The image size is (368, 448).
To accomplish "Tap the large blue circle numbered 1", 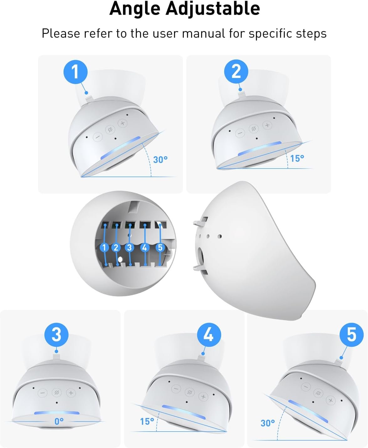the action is [75, 72].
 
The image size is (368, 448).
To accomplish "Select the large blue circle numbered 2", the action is [236, 71].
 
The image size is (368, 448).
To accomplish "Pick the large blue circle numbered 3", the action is [56, 335].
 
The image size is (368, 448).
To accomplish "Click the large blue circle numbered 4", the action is [209, 335].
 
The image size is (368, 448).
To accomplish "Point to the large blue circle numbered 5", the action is [351, 335].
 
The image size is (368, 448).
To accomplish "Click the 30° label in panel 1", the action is [160, 160].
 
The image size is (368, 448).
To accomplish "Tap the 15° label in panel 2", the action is [297, 159].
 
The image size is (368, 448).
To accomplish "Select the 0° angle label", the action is [59, 421].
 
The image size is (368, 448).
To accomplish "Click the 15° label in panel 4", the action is [147, 422].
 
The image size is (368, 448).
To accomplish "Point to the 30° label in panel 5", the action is [267, 423].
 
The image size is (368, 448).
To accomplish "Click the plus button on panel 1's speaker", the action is [122, 123].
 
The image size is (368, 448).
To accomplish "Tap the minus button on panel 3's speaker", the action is [43, 393].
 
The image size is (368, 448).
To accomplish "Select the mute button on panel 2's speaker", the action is [253, 129].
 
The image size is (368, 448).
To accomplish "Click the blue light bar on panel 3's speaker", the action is [56, 413].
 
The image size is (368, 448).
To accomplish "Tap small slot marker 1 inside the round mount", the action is [104, 247].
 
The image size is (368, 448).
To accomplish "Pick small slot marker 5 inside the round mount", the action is [160, 247].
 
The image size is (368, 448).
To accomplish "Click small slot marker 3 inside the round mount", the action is [129, 247].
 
